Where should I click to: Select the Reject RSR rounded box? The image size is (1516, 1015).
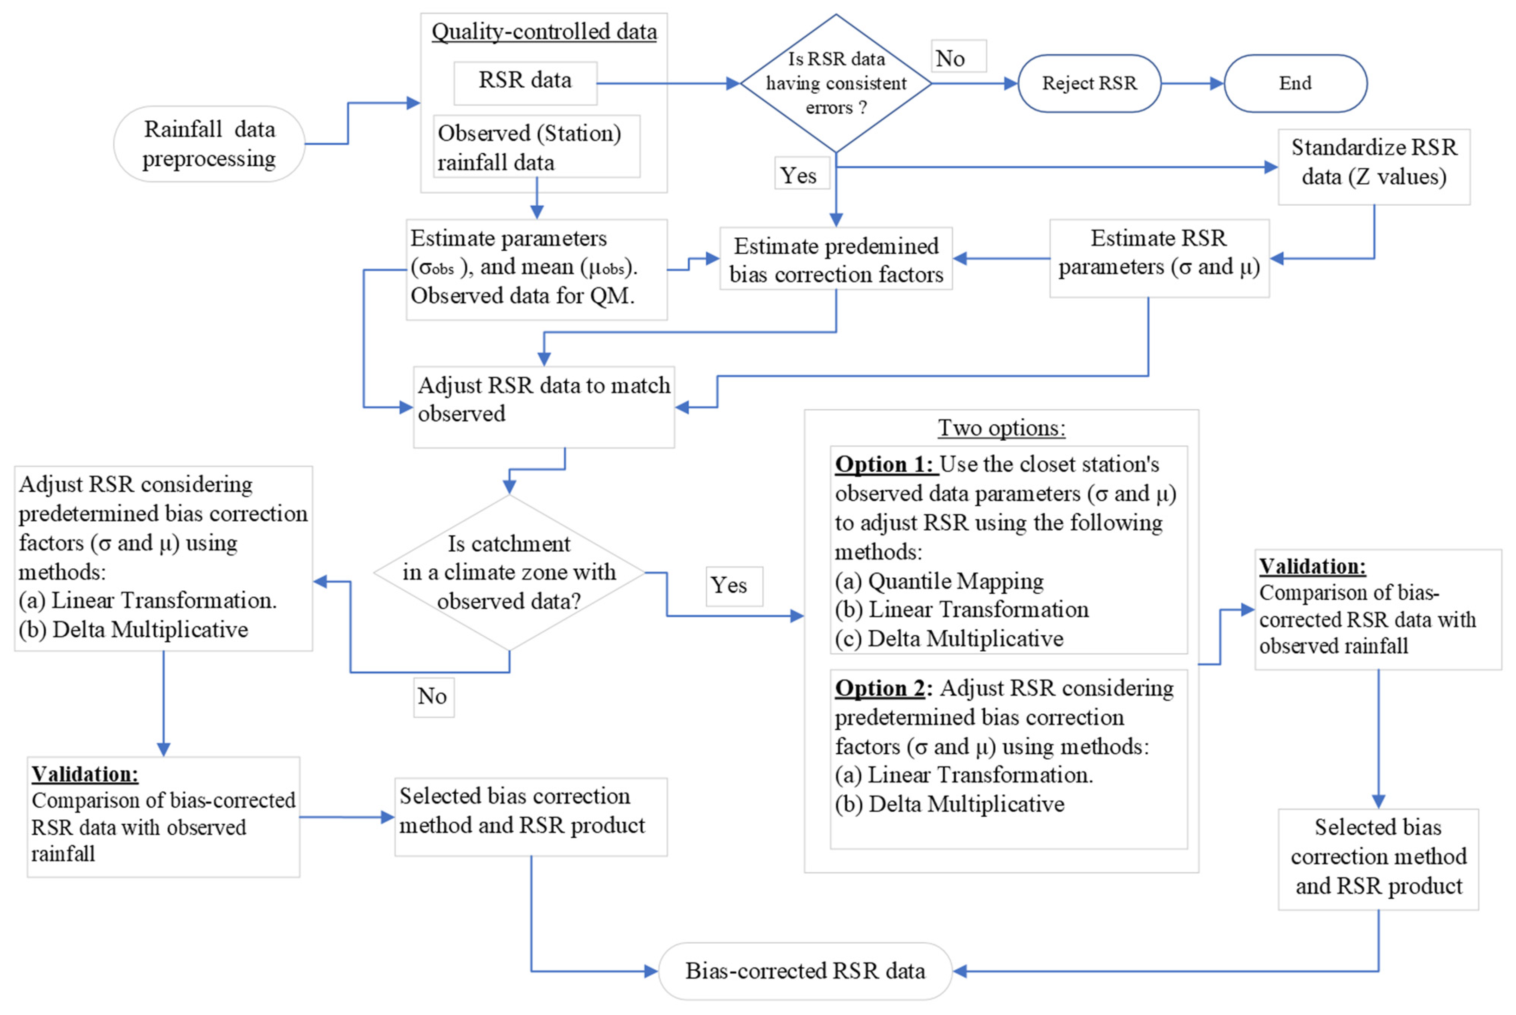click(x=1089, y=83)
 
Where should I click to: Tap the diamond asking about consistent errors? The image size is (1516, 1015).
click(x=835, y=83)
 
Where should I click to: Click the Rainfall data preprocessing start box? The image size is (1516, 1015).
click(x=209, y=144)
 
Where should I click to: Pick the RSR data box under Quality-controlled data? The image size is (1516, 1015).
click(x=525, y=81)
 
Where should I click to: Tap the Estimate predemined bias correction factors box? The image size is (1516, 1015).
click(x=835, y=259)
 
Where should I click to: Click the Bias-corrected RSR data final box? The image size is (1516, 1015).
click(x=805, y=970)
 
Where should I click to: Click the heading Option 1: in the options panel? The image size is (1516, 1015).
click(x=884, y=464)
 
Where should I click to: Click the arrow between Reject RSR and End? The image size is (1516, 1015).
click(x=1191, y=83)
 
